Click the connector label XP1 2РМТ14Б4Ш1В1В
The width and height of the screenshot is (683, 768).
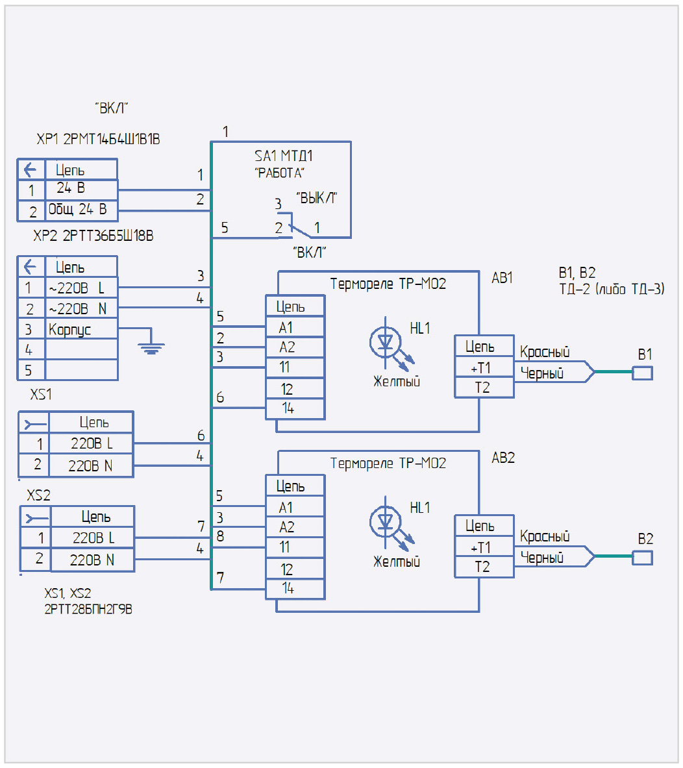(98, 139)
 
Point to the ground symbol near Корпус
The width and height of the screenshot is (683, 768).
(151, 347)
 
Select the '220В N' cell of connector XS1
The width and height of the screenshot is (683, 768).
(91, 465)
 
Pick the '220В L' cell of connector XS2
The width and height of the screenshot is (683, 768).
(93, 538)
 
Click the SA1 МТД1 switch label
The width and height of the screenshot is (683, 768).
(283, 156)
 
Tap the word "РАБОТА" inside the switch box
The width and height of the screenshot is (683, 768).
(280, 173)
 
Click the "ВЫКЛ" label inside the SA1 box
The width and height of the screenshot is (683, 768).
(317, 198)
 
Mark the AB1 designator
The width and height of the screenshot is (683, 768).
(503, 278)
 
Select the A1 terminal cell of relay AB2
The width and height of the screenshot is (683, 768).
(295, 507)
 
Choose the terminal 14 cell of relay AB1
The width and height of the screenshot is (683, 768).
(295, 409)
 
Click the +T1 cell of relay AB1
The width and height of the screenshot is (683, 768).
(484, 368)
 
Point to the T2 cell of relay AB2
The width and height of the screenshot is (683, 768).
(484, 567)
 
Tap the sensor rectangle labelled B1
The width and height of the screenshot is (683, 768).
(643, 373)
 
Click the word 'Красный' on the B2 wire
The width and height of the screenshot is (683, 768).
(545, 537)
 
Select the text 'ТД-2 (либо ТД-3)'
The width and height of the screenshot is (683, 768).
(612, 289)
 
